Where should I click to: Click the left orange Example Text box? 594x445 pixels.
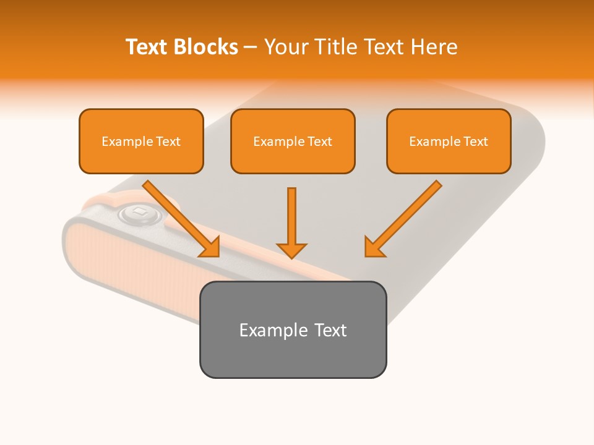tap(141, 141)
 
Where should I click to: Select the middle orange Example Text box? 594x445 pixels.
tap(293, 141)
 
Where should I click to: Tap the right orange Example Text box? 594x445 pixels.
tap(449, 141)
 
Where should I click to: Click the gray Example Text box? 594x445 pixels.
tap(293, 329)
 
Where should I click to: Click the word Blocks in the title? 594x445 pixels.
tap(205, 47)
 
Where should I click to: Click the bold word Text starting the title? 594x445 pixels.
tap(147, 47)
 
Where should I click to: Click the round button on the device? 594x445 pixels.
tap(140, 214)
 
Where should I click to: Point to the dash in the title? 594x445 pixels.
tap(251, 47)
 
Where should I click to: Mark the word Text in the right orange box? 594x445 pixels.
tap(476, 142)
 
